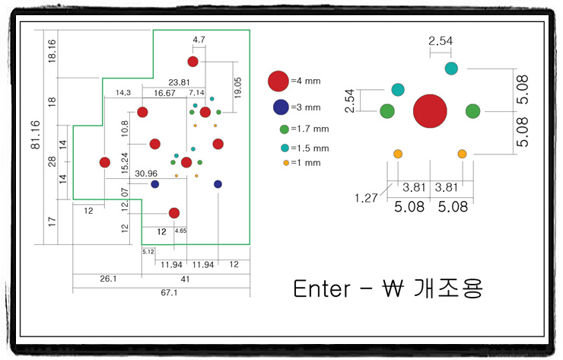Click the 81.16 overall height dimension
pos(35,135)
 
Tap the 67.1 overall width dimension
pos(169,292)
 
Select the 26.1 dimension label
pos(108,279)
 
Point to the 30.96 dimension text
pos(146,174)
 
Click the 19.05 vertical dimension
pos(237,88)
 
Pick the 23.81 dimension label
pos(179,82)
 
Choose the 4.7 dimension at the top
pos(199,40)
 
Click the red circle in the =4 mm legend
pos(278,81)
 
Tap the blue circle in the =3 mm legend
pos(281,107)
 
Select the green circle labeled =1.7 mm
pos(285,129)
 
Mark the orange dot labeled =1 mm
pos(286,163)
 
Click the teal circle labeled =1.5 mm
pos(285,148)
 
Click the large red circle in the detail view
pos(430,111)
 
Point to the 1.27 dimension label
pos(366,198)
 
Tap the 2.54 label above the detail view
pos(441,40)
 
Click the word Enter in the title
pos(322,288)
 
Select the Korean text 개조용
pos(448,288)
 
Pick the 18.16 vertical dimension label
pos(52,51)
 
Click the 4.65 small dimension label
pos(180,231)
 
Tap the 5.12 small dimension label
pos(148,251)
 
